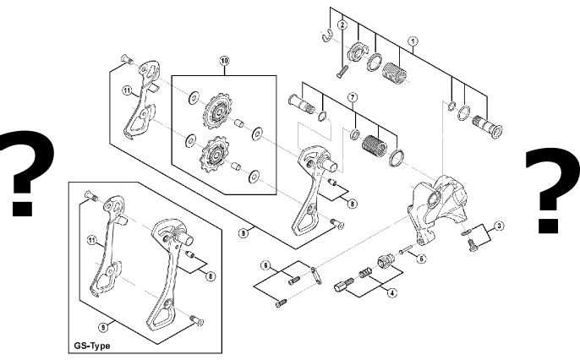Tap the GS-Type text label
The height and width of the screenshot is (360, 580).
(92, 346)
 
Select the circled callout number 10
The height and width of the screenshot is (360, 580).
(224, 61)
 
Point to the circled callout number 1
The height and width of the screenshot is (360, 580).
(413, 41)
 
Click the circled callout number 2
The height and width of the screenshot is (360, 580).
(342, 25)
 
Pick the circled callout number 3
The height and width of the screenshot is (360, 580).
(499, 226)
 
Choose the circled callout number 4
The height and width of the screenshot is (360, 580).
(391, 293)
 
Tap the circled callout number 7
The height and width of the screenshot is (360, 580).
(353, 97)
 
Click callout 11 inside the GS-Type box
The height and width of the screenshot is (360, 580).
(92, 241)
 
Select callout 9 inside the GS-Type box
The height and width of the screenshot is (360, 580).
(103, 327)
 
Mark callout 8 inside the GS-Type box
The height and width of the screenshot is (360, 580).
(211, 276)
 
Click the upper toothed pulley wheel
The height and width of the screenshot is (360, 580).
(217, 111)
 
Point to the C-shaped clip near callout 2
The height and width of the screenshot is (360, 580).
(326, 35)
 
